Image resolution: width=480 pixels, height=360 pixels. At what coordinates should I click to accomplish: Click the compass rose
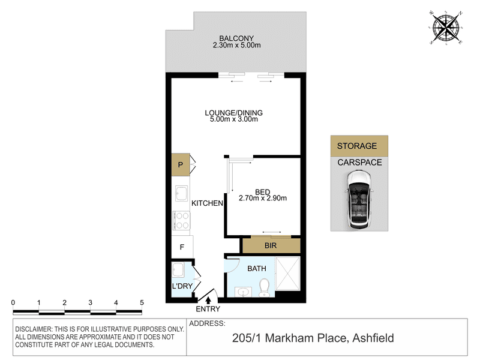446,28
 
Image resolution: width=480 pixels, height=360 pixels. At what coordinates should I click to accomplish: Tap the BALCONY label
236,38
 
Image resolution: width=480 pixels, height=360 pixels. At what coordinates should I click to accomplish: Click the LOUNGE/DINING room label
233,113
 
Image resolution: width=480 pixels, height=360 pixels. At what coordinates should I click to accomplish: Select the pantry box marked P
181,164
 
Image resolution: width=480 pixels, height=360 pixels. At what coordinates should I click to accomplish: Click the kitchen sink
181,193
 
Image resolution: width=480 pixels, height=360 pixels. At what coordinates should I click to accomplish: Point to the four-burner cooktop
181,221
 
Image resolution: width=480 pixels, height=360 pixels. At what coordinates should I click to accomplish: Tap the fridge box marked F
182,247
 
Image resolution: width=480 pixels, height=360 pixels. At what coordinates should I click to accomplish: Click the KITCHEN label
207,203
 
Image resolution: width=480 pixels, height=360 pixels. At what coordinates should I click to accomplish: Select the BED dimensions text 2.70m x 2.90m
263,199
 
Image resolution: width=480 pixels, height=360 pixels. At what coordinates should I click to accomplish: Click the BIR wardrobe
271,245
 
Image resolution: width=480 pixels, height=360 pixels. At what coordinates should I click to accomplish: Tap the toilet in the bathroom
264,288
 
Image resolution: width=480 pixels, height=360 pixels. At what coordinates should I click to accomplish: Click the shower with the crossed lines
287,274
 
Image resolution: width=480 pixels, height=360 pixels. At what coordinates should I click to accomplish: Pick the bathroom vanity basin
244,292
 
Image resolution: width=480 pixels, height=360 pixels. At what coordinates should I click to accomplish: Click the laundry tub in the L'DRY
178,270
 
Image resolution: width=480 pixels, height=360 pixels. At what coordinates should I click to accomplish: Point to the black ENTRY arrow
208,301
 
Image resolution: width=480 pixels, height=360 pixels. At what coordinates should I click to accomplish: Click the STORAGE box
359,146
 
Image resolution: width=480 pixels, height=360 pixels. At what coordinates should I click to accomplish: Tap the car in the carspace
359,200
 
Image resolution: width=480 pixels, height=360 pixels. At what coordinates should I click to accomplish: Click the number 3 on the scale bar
91,303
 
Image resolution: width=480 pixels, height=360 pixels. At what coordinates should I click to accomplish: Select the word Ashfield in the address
373,338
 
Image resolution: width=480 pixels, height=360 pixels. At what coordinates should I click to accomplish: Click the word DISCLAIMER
34,329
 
